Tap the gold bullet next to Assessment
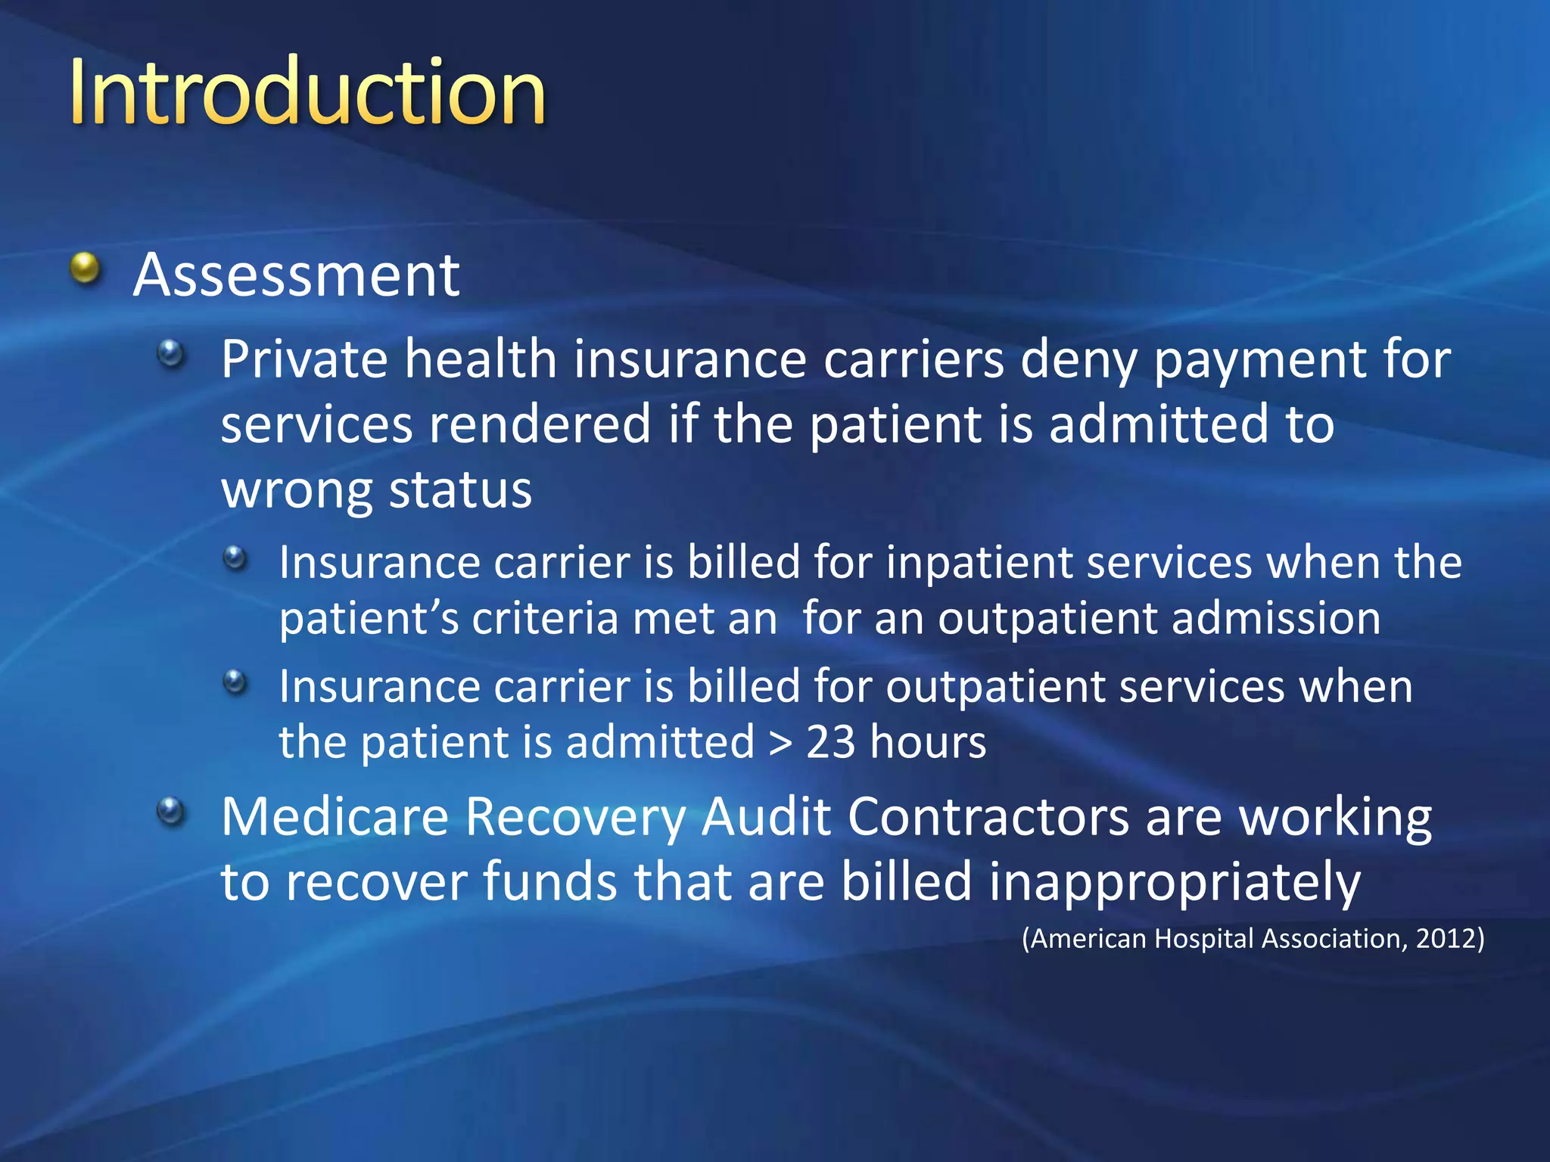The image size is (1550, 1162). (x=86, y=269)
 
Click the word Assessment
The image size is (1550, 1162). (x=296, y=275)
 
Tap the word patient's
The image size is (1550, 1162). (x=369, y=619)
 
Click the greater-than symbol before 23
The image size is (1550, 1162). (x=780, y=743)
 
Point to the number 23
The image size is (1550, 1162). (x=831, y=741)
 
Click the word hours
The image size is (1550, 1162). (x=929, y=741)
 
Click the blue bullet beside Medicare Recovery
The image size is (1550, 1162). (x=172, y=812)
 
